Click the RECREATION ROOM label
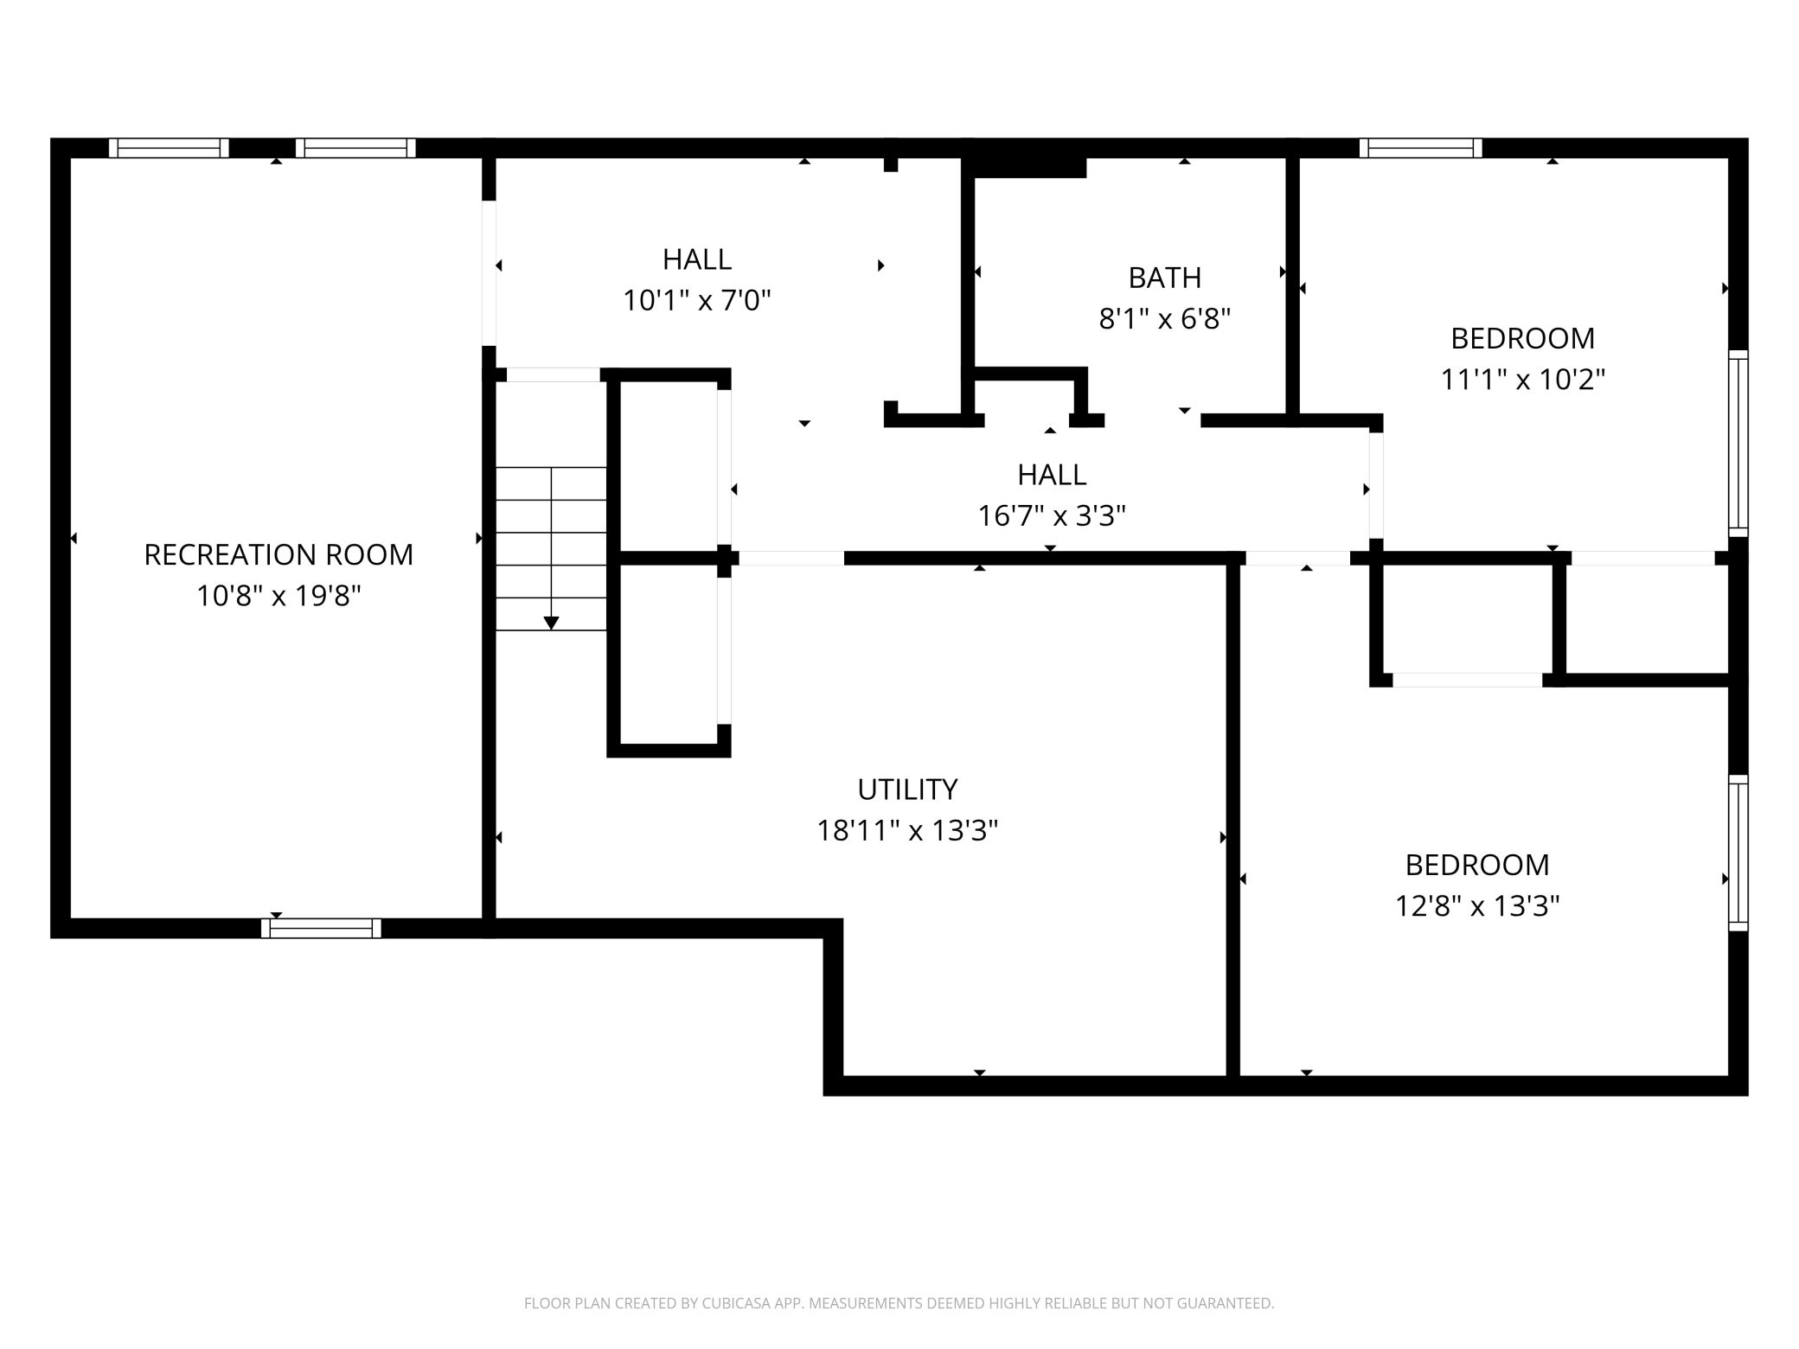[278, 554]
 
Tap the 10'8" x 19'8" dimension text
[278, 596]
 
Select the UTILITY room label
[907, 790]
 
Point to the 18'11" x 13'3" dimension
[907, 831]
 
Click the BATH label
[1165, 278]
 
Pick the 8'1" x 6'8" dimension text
[1165, 319]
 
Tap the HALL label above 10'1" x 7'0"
[697, 259]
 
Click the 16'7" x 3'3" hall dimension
[1052, 516]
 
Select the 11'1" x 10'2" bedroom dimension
[1522, 380]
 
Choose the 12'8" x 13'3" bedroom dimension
[1477, 906]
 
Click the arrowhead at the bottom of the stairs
[551, 623]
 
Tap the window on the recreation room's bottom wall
[321, 928]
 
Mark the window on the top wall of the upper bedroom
[1420, 148]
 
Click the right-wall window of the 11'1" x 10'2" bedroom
[1738, 444]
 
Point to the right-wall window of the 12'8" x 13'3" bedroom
[1738, 853]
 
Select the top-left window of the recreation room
[169, 148]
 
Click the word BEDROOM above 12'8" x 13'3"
[1477, 865]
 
